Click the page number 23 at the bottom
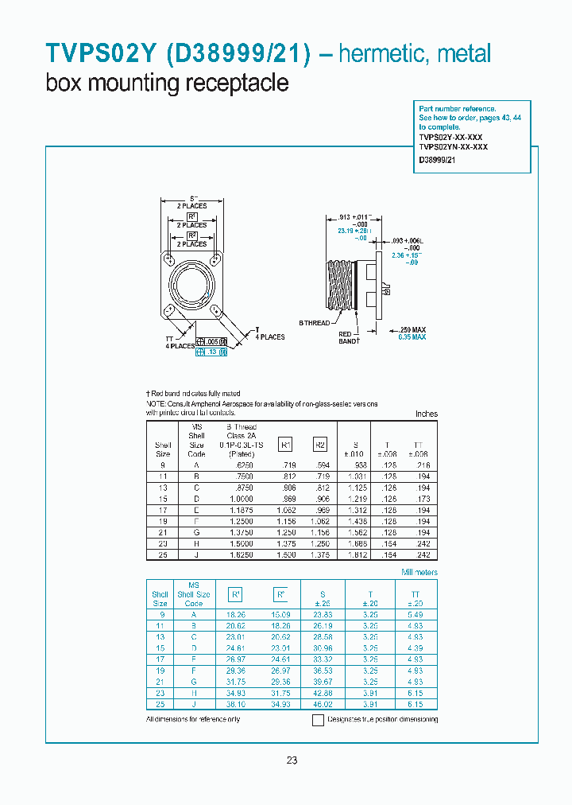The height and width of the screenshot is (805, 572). click(x=292, y=760)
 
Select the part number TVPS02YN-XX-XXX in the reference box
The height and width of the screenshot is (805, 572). click(x=453, y=147)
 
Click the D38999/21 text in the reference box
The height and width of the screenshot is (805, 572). click(x=437, y=160)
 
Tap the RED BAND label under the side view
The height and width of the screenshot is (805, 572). click(x=346, y=337)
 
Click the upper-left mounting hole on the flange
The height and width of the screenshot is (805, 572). click(x=168, y=259)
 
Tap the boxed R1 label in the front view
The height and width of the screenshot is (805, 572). click(x=191, y=216)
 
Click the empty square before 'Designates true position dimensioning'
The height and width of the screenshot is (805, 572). click(x=318, y=721)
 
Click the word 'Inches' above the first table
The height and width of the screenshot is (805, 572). click(x=426, y=414)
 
